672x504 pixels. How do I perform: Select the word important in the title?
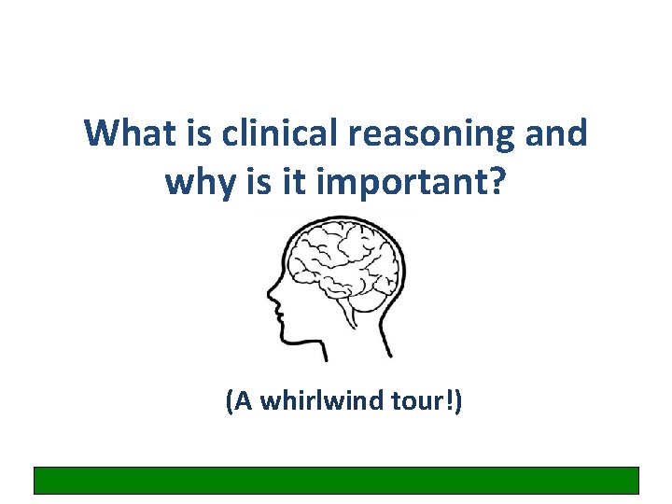403,182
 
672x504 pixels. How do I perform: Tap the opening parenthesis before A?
228,402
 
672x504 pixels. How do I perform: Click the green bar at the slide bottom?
336,480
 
